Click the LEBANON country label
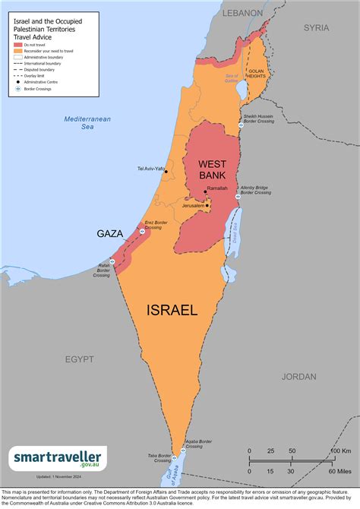coord(242,13)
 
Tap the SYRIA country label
coord(317,27)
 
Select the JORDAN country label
coord(298,376)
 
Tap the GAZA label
coord(110,233)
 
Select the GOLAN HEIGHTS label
coord(255,74)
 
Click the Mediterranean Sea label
coord(87,124)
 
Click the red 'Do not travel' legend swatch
coord(18,45)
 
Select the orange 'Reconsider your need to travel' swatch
coord(18,51)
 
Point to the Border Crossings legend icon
coord(18,89)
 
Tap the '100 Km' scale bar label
coord(339,453)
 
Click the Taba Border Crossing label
coord(160,458)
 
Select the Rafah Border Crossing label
coord(102,270)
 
